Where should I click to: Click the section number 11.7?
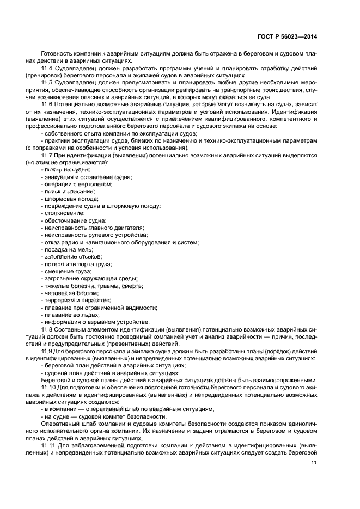(x=47, y=155)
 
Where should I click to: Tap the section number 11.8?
(x=47, y=329)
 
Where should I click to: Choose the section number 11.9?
(x=47, y=351)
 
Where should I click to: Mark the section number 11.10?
(x=48, y=387)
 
